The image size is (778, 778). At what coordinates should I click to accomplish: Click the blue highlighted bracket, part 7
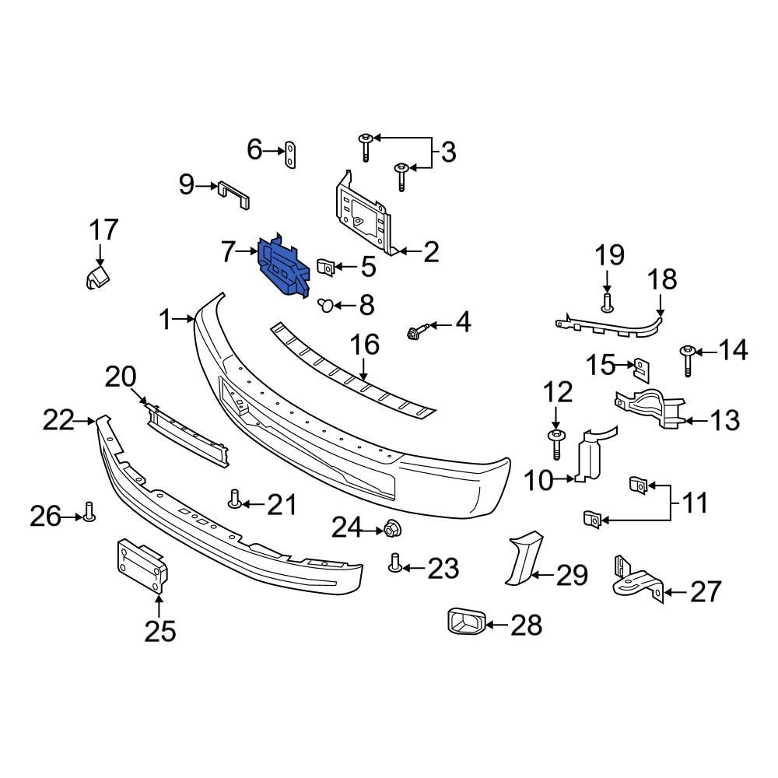[282, 268]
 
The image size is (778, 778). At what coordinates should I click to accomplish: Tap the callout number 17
[103, 230]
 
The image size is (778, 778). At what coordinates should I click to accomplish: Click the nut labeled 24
[391, 531]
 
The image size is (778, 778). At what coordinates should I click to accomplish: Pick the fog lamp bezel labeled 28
[465, 622]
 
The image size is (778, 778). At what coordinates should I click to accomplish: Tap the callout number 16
[365, 345]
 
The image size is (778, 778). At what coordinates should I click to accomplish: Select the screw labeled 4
[414, 333]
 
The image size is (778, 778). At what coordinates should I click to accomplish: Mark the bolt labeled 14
[688, 359]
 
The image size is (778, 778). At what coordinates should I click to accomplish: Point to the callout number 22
[58, 421]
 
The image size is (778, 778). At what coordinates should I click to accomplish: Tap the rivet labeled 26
[88, 513]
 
